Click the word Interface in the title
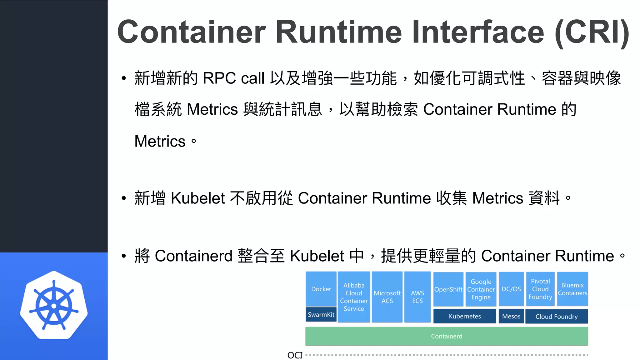(x=478, y=32)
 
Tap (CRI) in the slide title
(x=592, y=32)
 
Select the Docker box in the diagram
(x=321, y=289)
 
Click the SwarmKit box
(x=321, y=314)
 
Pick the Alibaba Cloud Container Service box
(x=354, y=297)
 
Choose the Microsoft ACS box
(x=387, y=297)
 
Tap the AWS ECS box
(x=417, y=297)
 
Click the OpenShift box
(x=448, y=289)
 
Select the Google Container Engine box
(x=481, y=289)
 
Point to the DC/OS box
(x=511, y=289)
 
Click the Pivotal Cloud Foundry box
(x=540, y=289)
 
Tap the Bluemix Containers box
(x=572, y=289)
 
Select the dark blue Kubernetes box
(x=465, y=316)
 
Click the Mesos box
(x=511, y=316)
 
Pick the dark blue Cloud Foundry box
(x=557, y=317)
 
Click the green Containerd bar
(x=447, y=336)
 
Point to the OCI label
(x=295, y=355)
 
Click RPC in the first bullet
(x=219, y=78)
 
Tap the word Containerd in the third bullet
(x=193, y=256)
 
